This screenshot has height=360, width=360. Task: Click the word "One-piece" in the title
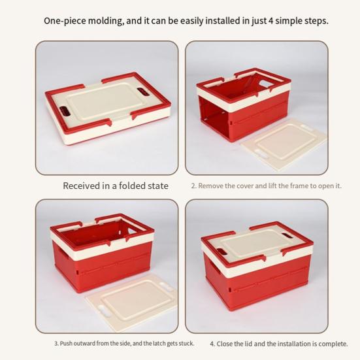[63, 21]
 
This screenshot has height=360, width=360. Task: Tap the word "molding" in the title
[103, 21]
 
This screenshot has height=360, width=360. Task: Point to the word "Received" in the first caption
[81, 186]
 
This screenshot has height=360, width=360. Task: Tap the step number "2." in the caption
[193, 186]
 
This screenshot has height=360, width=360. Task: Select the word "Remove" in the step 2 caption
[212, 186]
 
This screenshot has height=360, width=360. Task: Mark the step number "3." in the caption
[56, 344]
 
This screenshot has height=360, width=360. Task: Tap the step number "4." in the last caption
[212, 344]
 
